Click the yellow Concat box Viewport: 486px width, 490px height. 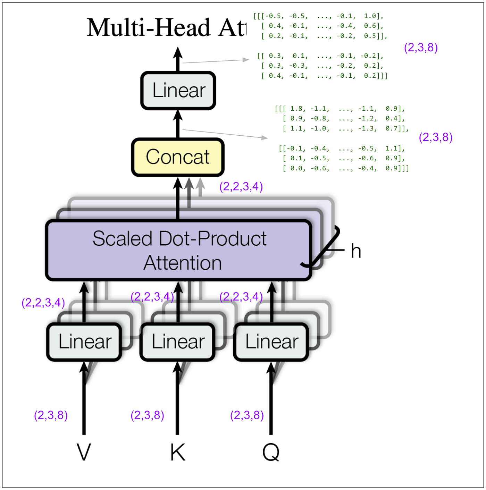tap(178, 157)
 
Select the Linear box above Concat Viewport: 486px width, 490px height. tap(178, 91)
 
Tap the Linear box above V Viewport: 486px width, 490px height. tap(84, 342)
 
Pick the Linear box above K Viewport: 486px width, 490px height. tap(178, 342)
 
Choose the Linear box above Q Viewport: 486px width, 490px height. tap(271, 342)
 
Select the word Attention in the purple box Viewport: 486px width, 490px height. tap(183, 263)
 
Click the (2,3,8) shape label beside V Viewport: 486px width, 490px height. tap(51, 415)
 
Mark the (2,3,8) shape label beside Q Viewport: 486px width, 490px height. tap(247, 415)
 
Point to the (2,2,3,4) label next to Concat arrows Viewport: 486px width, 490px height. tap(241, 187)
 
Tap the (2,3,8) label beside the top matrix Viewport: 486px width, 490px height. tap(421, 48)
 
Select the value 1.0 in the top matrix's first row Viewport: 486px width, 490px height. tap(370, 16)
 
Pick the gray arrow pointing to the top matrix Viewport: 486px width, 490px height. tap(215, 61)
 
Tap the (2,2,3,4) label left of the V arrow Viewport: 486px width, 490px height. tap(43, 303)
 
